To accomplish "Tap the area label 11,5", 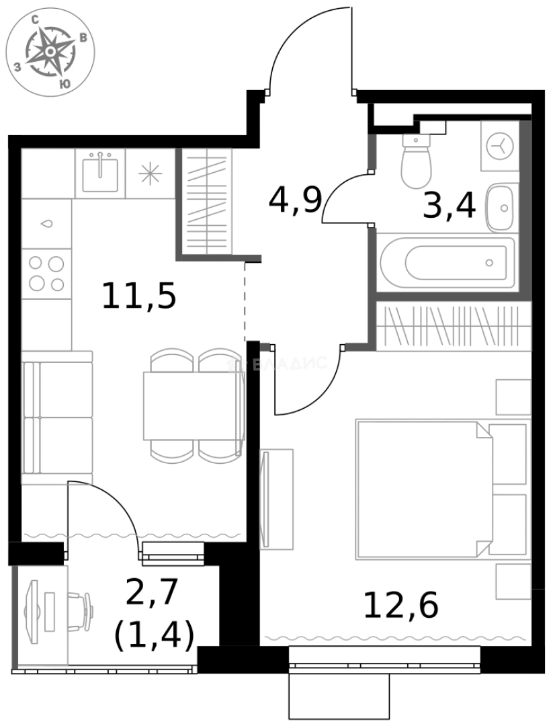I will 138,296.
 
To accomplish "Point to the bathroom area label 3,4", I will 450,206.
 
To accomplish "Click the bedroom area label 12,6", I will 400,605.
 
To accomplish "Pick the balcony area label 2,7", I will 152,592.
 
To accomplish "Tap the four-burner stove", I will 46,274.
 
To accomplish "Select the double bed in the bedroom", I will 423,489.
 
